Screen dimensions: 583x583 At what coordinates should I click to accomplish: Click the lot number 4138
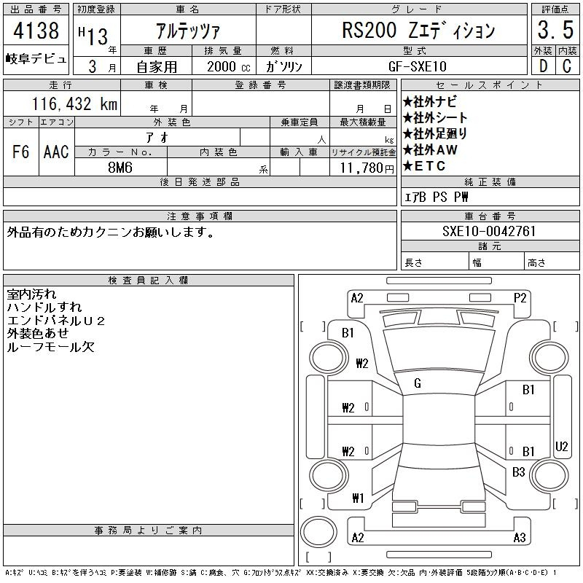coord(36,30)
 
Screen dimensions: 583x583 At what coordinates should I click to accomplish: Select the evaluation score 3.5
coord(555,30)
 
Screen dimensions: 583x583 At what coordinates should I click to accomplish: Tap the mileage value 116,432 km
coord(74,103)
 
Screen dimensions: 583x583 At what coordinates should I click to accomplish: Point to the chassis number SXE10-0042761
coord(489,231)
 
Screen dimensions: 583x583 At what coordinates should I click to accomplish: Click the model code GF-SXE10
coord(417,66)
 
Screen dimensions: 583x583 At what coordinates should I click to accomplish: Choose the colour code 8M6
coord(120,168)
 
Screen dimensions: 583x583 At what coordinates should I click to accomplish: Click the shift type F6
coord(21,152)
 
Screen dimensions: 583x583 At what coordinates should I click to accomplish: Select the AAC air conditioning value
coord(56,152)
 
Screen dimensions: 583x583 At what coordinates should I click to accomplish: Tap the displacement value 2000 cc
coord(229,66)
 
